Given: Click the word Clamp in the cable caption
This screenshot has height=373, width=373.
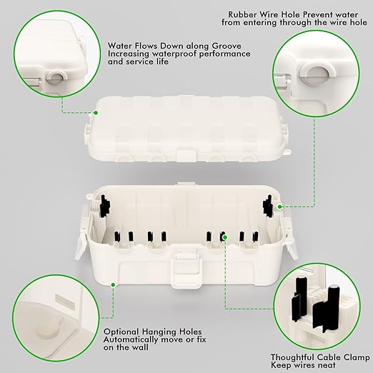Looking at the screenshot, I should [352, 356].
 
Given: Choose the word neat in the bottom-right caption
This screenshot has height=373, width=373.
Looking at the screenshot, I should [325, 365].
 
